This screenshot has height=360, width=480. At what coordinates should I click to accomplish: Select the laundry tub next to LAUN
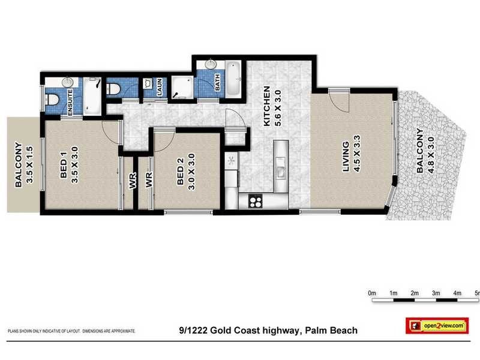148,84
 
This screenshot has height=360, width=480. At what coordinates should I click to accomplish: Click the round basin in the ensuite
67,82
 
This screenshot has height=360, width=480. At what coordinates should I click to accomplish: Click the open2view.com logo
436,325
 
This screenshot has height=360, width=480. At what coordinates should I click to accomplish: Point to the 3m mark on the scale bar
436,293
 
